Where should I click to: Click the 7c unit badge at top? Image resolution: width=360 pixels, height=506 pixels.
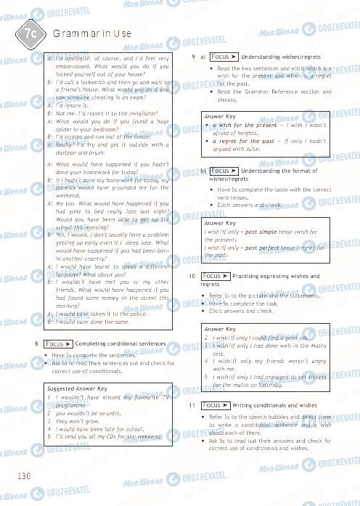[x=30, y=33]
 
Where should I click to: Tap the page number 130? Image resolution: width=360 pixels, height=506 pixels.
[x=22, y=476]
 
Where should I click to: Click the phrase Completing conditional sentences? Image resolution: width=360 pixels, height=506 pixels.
[x=110, y=343]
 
